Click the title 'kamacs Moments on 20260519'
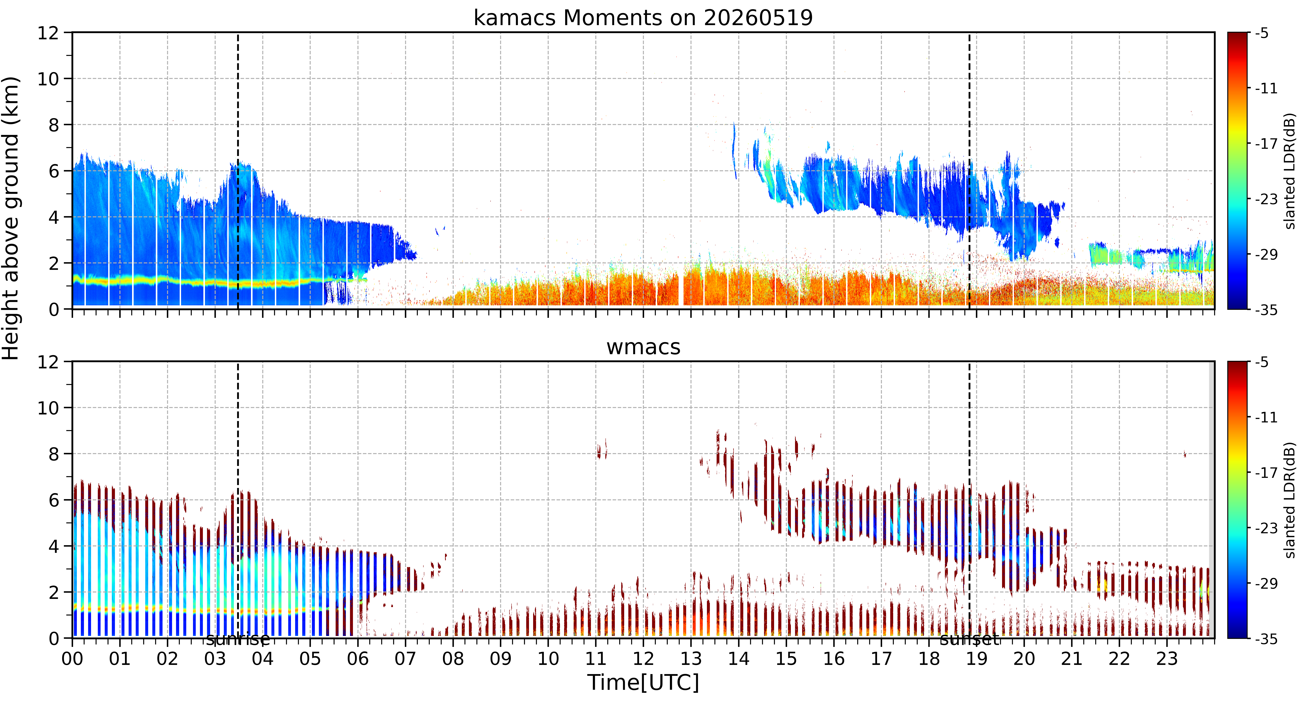coord(643,18)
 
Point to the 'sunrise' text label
coord(238,640)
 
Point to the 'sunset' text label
coord(969,640)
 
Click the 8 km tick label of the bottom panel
coord(54,454)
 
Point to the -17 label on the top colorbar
coord(1266,144)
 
